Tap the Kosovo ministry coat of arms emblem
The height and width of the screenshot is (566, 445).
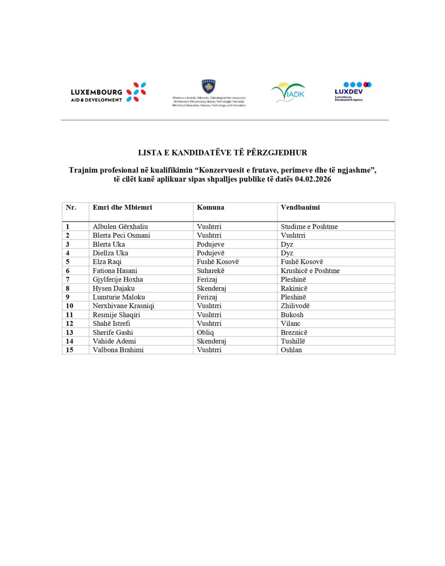coord(208,87)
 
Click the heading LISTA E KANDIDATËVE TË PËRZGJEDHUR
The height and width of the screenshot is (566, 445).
coord(222,152)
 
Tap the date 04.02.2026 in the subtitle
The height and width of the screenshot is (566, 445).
coord(313,179)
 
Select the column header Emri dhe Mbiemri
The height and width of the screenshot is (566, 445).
coord(122,207)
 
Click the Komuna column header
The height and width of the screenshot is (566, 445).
coord(210,207)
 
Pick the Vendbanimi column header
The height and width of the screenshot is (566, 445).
coord(300,207)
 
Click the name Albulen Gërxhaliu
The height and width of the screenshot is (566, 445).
coord(120,226)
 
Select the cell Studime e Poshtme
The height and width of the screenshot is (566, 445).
coord(309,226)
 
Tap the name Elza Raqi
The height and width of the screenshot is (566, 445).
coord(107,261)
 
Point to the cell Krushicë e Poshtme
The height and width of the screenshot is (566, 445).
coord(310,271)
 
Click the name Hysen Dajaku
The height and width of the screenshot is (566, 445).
coord(113,288)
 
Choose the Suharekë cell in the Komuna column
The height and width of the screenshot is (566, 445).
coord(210,271)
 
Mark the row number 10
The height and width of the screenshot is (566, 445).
coord(69,306)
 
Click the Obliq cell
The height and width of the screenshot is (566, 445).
coord(205,332)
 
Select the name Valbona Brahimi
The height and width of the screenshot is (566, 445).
coord(118,350)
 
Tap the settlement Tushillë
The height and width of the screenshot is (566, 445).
coord(293,341)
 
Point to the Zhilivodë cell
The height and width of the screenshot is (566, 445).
coord(295,306)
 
